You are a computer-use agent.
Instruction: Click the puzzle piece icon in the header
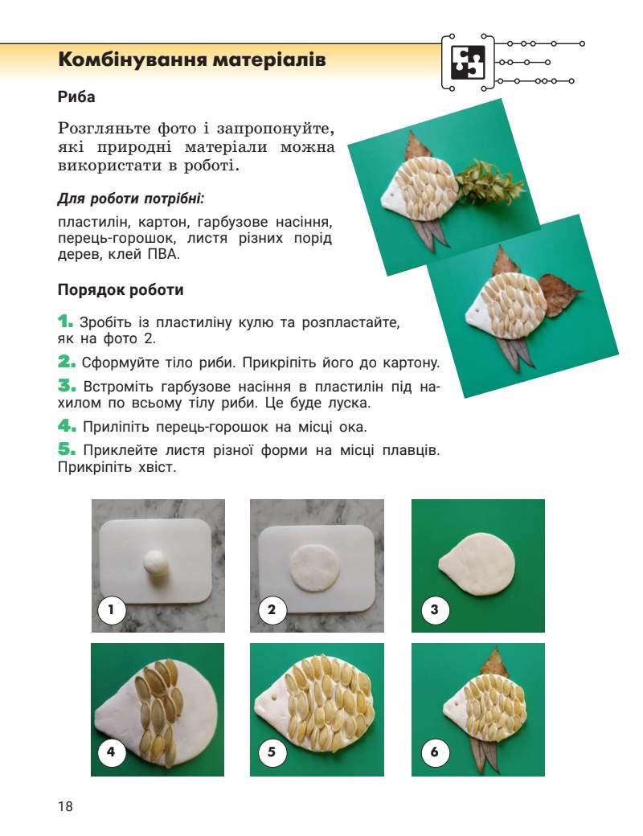[x=467, y=63]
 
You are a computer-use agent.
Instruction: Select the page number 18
[x=65, y=806]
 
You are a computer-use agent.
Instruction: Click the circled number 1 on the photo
[x=112, y=610]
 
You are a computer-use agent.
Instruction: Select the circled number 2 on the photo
[x=272, y=610]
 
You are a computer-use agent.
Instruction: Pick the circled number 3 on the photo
[x=434, y=610]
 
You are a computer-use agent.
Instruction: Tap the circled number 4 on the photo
[x=112, y=753]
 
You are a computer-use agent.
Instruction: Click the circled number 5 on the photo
[x=272, y=753]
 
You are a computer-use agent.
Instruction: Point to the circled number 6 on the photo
[x=434, y=753]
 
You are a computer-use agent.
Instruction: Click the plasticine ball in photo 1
[x=158, y=563]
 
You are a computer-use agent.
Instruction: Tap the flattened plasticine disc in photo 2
[x=314, y=565]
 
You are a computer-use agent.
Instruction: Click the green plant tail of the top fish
[x=481, y=182]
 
